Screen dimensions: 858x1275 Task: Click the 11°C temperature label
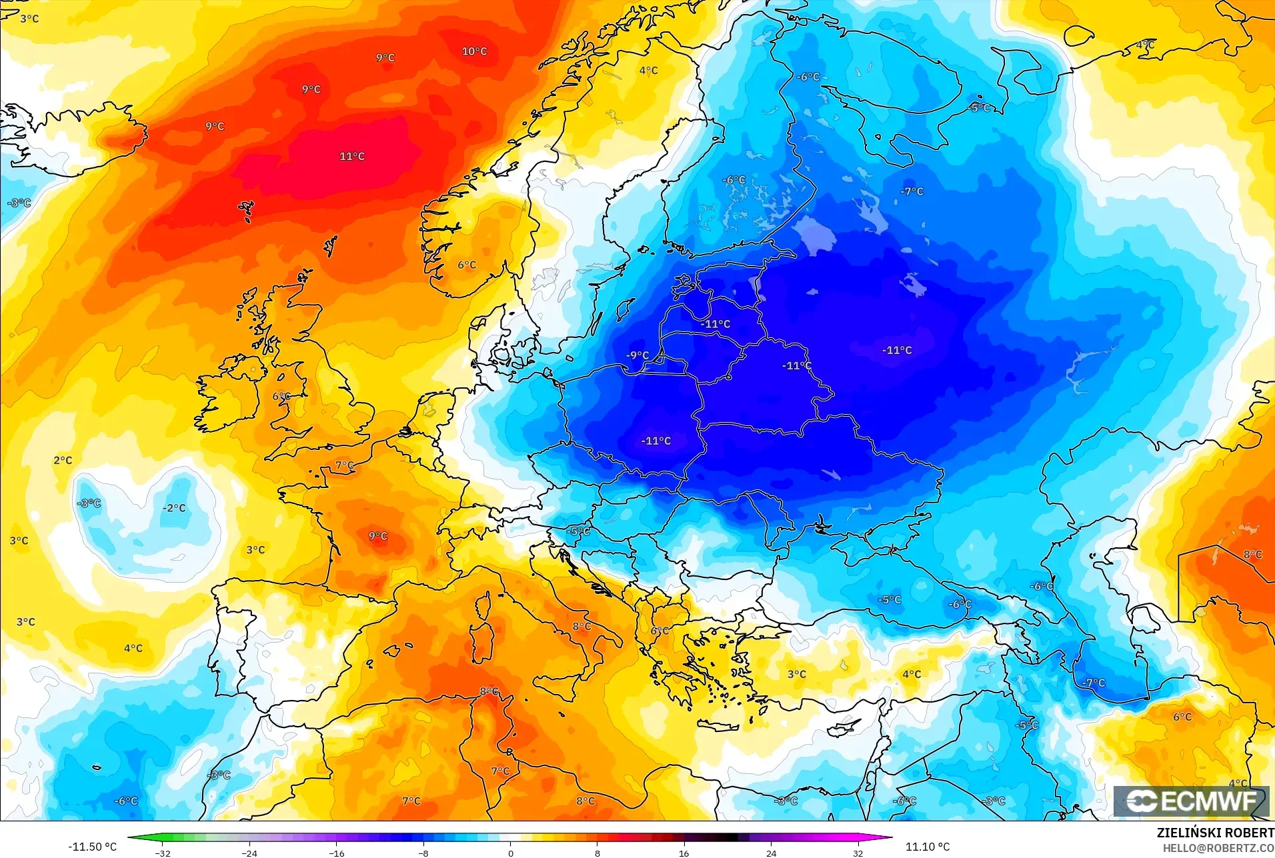(x=351, y=157)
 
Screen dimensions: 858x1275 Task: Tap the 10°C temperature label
(x=474, y=51)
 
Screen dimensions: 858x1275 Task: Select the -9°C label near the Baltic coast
(x=637, y=355)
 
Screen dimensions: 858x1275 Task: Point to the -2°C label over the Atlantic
(x=174, y=508)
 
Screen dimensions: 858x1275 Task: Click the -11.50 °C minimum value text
(x=92, y=847)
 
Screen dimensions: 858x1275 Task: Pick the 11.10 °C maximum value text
(x=927, y=847)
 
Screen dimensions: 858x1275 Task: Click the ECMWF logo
(x=1191, y=801)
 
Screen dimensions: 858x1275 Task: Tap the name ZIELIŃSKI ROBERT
(x=1215, y=833)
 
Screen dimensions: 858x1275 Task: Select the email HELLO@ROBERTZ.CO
(x=1218, y=848)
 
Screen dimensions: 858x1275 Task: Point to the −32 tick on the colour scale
(x=163, y=853)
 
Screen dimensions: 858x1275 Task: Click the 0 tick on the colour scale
(x=511, y=853)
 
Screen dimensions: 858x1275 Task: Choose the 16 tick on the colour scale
(x=684, y=853)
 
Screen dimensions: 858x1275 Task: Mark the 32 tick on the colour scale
(x=858, y=853)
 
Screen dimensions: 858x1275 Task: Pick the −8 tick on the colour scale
(x=423, y=853)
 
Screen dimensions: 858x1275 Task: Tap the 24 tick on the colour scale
(x=771, y=853)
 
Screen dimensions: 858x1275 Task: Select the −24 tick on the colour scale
(x=249, y=853)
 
